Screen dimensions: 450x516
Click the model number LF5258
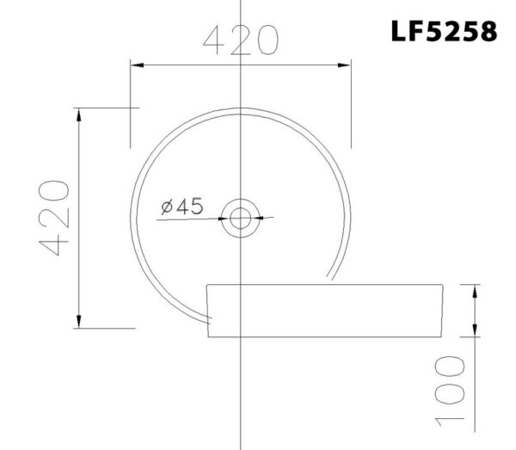click(443, 32)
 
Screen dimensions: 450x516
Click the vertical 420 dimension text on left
click(54, 219)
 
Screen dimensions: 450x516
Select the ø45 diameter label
click(181, 206)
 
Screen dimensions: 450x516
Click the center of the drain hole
click(240, 218)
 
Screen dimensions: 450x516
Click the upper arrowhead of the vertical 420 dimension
click(79, 113)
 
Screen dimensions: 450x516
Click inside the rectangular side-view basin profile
click(327, 310)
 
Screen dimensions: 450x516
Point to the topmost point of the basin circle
click(240, 108)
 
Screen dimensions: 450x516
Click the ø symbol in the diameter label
click(166, 207)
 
